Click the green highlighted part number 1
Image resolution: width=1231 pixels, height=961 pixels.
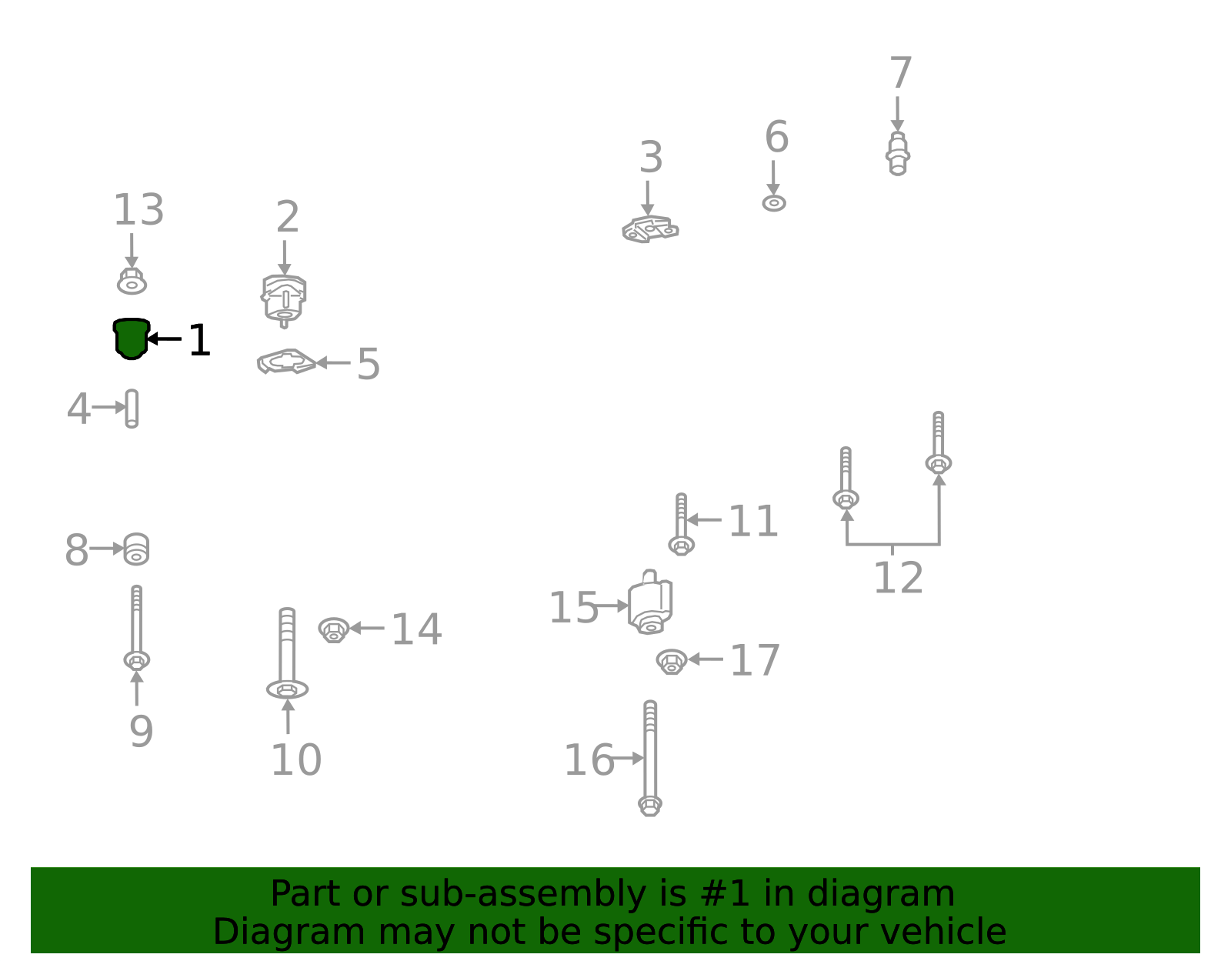132,339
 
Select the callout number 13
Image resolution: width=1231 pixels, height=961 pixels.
138,209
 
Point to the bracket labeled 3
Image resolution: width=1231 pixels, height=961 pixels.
650,229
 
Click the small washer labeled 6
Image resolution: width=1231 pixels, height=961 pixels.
774,202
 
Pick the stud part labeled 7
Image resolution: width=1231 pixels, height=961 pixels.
897,154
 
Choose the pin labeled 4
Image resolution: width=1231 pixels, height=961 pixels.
132,409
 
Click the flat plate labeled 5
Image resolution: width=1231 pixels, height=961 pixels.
286,362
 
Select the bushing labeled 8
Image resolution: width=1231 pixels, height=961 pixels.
136,549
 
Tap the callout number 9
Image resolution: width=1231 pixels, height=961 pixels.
141,732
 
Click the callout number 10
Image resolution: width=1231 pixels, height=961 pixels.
296,760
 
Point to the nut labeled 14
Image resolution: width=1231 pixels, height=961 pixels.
334,629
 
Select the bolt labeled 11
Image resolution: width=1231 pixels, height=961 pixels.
681,524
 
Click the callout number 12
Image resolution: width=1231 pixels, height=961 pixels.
899,578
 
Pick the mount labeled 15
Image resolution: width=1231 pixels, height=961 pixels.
650,602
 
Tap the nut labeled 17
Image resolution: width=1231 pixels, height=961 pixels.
672,662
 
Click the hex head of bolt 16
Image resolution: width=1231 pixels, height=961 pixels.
650,806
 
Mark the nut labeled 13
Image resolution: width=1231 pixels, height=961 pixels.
132,281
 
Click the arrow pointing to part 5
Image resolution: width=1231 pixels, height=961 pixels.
333,362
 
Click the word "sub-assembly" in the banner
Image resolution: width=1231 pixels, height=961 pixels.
523,893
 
